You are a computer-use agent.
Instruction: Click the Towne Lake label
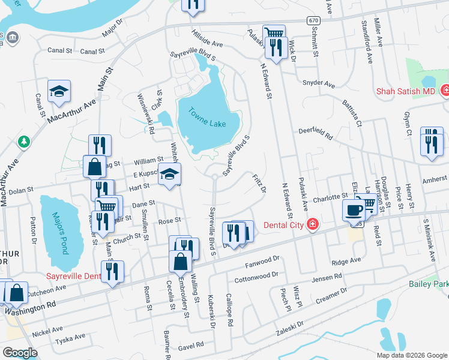coord(205,117)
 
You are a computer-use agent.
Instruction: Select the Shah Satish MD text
coord(405,91)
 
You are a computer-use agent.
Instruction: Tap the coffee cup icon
coord(354,210)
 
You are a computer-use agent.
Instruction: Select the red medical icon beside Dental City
coord(312,225)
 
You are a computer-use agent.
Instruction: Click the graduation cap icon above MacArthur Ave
coord(59,91)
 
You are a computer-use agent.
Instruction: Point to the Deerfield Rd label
coord(316,134)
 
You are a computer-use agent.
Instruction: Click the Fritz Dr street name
coord(259,183)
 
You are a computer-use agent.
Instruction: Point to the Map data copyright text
coord(411,355)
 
